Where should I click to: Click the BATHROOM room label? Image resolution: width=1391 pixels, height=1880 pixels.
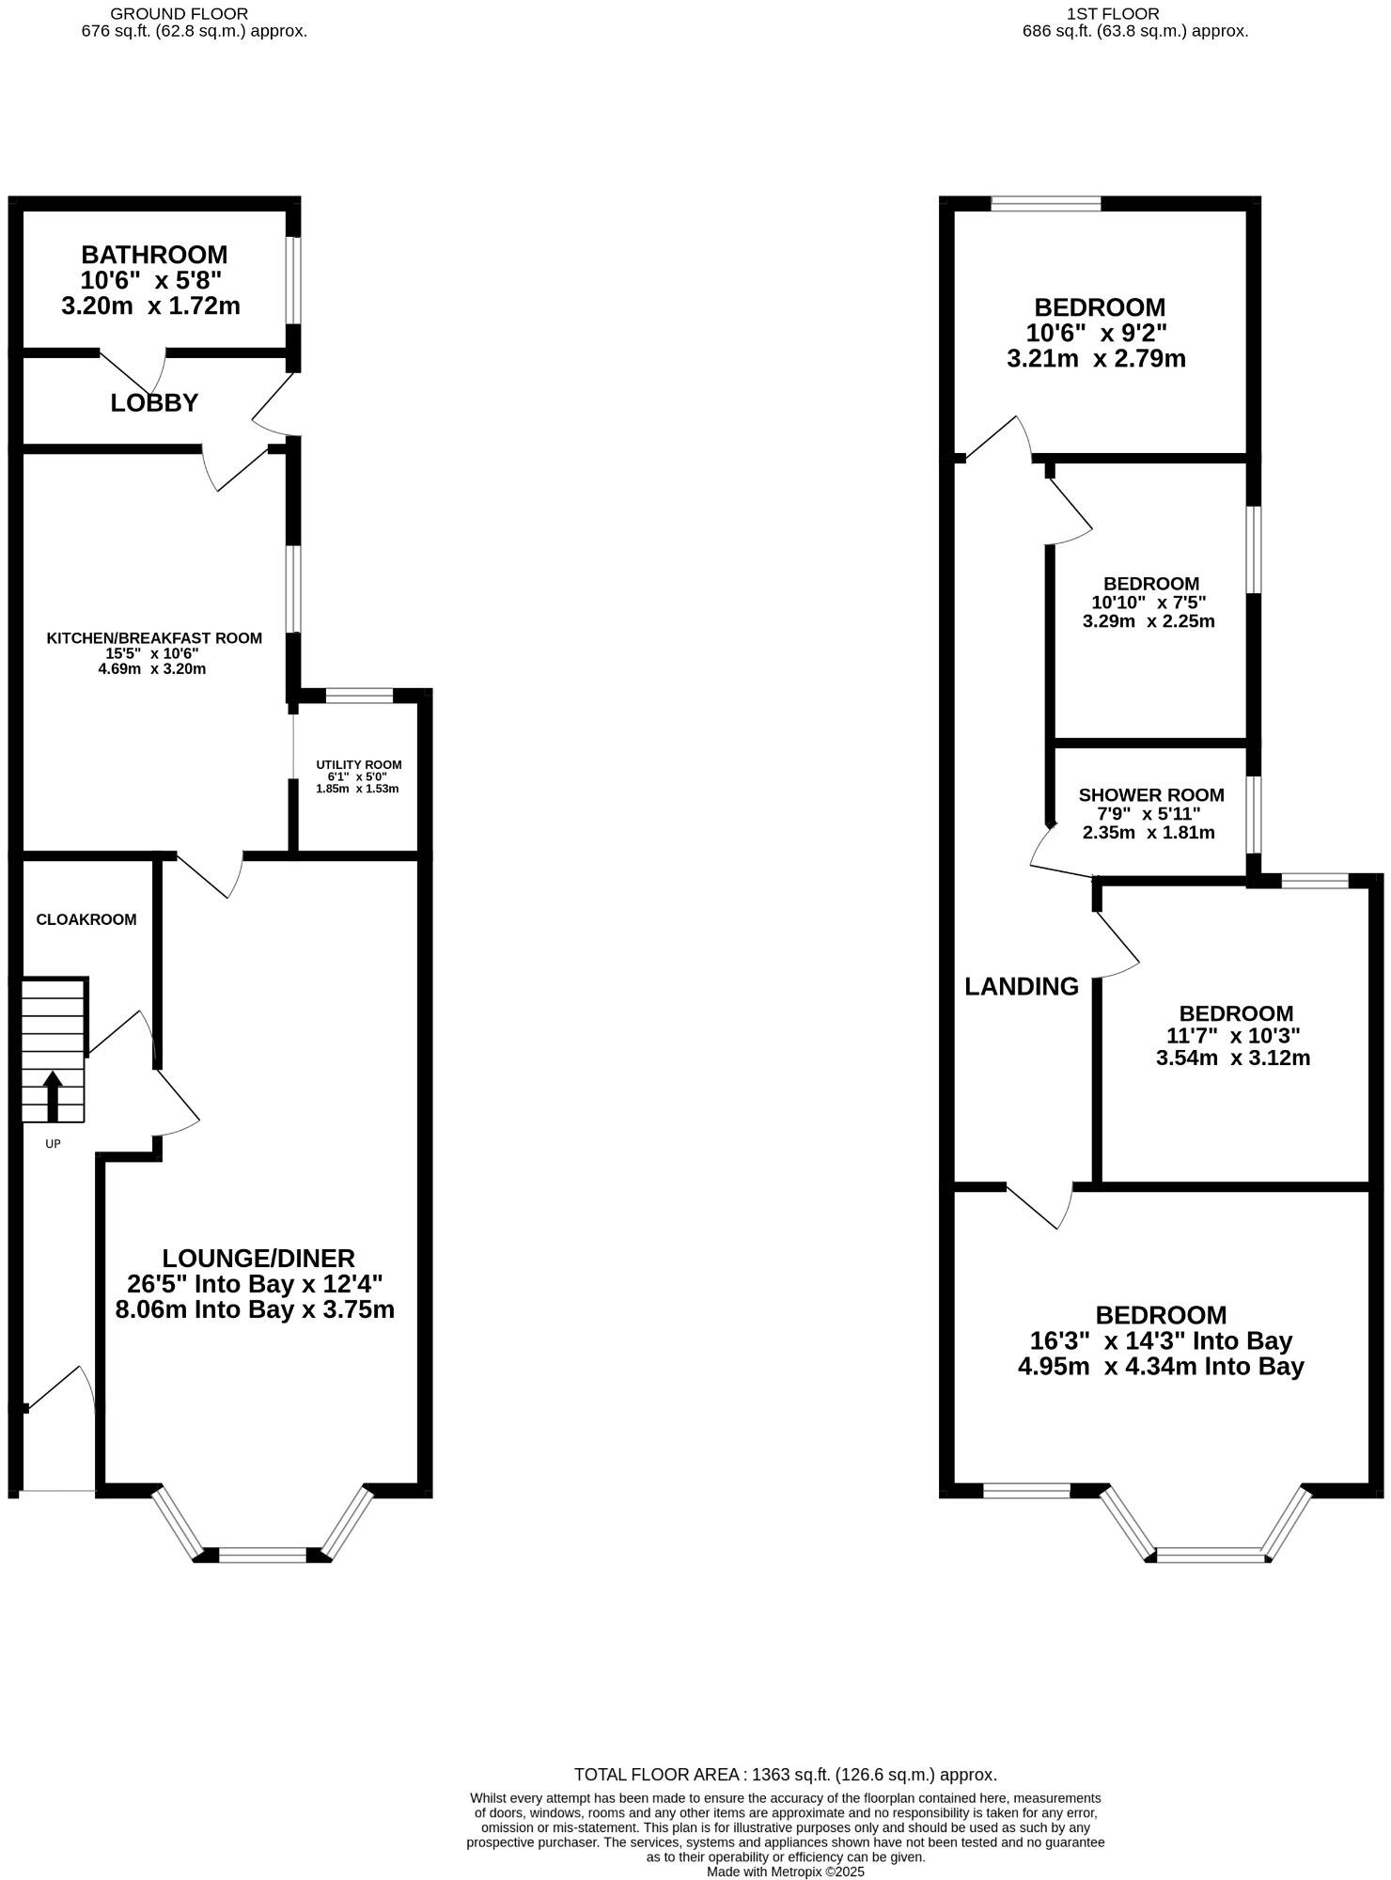click(154, 255)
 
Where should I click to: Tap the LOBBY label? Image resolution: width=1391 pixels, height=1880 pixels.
click(154, 403)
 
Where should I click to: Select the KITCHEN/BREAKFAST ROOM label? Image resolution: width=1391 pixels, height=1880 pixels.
click(154, 638)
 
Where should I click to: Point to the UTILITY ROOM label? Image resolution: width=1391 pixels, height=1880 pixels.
click(359, 764)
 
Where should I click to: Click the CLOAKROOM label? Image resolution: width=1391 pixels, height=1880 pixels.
click(86, 919)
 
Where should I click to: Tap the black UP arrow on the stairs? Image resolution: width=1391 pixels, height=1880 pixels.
click(53, 1096)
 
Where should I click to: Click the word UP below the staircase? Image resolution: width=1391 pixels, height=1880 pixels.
click(54, 1144)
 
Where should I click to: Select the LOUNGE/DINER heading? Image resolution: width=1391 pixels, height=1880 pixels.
click(258, 1258)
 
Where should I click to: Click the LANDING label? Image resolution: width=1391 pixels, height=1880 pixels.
click(1022, 986)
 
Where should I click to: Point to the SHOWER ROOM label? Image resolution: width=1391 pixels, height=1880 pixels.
click(1151, 795)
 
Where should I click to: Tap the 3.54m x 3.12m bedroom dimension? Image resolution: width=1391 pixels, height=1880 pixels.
click(1233, 1057)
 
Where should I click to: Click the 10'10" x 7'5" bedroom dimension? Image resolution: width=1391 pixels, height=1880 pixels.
click(1149, 603)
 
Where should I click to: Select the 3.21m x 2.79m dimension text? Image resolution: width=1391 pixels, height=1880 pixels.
click(1096, 358)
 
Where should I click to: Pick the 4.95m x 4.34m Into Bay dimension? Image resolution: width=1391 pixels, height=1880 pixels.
click(1161, 1366)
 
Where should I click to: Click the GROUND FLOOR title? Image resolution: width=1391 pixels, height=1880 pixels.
click(180, 14)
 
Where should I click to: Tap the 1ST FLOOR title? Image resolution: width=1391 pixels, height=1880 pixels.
click(1113, 14)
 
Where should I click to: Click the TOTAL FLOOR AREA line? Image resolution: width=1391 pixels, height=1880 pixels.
click(786, 1775)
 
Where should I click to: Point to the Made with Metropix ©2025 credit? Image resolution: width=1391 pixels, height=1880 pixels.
click(786, 1872)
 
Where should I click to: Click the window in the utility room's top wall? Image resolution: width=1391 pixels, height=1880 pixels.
click(359, 696)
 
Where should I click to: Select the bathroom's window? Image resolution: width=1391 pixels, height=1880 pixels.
click(294, 280)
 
